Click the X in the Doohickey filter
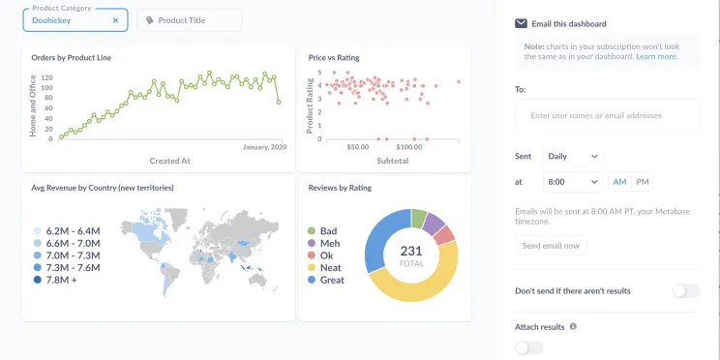coord(115,19)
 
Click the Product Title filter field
coord(189,20)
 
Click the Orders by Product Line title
coord(71,58)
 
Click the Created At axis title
coord(169,161)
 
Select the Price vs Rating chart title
coord(333,58)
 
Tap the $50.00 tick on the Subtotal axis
coord(357,147)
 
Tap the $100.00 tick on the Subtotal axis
coord(415,147)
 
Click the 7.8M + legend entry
coord(53,280)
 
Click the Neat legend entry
coord(331,267)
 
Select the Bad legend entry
coord(328,231)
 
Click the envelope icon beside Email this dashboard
coord(521,23)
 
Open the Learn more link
coord(656,57)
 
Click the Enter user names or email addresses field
coord(607,115)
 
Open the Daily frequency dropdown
coord(572,156)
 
